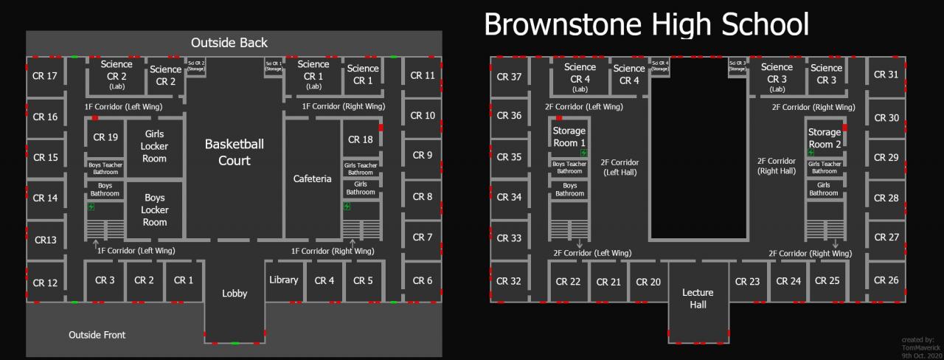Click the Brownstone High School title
pos(646,24)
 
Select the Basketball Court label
pos(234,152)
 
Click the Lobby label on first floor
pos(235,294)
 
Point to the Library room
pos(283,280)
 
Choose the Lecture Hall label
pos(698,298)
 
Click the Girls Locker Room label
pos(155,146)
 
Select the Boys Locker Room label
pos(155,210)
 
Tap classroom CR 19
pos(105,137)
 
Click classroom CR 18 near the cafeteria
pos(360,139)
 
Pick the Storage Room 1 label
pos(569,136)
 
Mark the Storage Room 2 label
pos(825,138)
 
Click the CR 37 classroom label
pos(509,77)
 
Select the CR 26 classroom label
pos(886,280)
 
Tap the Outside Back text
pos(229,43)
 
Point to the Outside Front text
pos(97,335)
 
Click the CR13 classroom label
pos(45,240)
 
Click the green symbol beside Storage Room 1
pos(562,153)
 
